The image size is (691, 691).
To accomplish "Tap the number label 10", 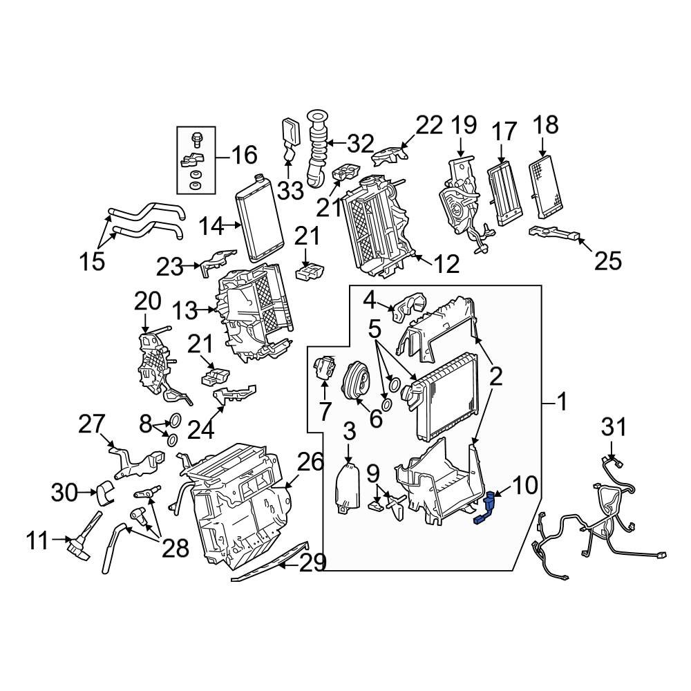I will (524, 485).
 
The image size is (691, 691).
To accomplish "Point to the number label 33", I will (291, 190).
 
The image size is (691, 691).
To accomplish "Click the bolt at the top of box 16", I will (196, 140).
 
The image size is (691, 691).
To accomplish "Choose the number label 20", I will (147, 301).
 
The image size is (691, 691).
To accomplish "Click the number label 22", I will (428, 125).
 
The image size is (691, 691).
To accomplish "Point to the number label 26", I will (310, 462).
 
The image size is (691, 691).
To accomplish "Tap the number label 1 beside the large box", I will (562, 401).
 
